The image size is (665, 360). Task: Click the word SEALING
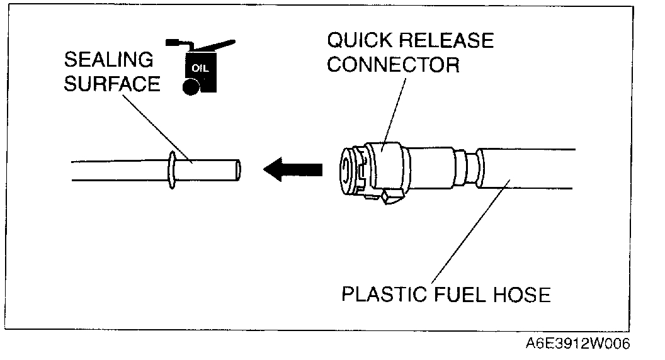(108, 60)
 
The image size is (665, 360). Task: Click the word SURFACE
(112, 84)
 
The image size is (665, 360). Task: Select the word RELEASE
(448, 41)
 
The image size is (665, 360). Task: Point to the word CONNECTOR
(394, 65)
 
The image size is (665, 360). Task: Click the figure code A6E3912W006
(577, 345)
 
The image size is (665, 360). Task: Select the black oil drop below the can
(188, 87)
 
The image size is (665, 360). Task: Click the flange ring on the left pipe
(171, 169)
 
